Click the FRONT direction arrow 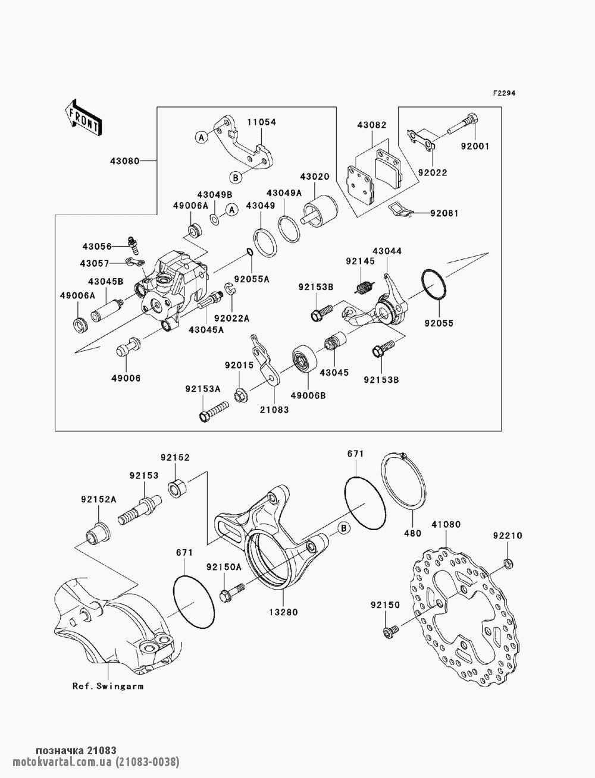[x=83, y=117]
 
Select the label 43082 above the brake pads [x=371, y=125]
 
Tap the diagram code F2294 [x=503, y=94]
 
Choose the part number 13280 [x=284, y=612]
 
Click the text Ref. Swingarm [x=108, y=685]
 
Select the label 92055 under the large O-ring [x=439, y=323]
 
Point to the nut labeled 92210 [x=507, y=562]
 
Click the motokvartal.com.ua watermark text [x=90, y=762]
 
